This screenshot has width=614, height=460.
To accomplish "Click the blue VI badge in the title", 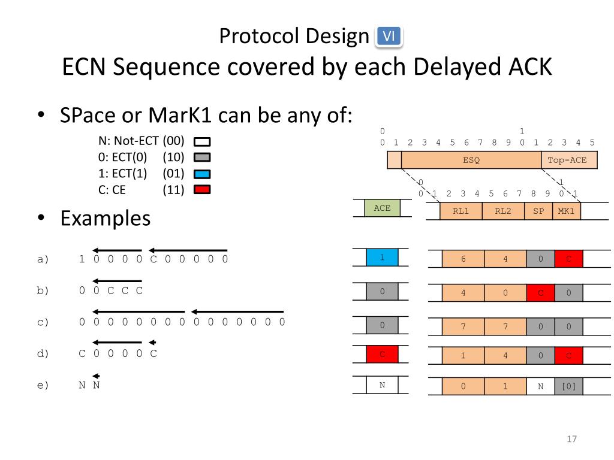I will pyautogui.click(x=389, y=37).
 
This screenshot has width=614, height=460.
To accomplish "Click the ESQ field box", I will pyautogui.click(x=471, y=160).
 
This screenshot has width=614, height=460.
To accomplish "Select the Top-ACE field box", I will pyautogui.click(x=568, y=160).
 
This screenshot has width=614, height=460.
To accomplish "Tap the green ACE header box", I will pyautogui.click(x=382, y=208).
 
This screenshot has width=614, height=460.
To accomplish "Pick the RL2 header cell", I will pyautogui.click(x=504, y=211).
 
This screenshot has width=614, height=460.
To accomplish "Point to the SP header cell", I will pyautogui.click(x=538, y=211).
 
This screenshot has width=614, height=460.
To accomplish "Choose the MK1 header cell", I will pyautogui.click(x=567, y=211).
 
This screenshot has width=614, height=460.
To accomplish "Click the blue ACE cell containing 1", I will pyautogui.click(x=382, y=258).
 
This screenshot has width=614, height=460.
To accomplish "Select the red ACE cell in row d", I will pyautogui.click(x=382, y=354).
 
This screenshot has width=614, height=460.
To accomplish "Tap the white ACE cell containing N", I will pyautogui.click(x=382, y=385).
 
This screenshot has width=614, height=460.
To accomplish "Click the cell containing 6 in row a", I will pyautogui.click(x=463, y=259).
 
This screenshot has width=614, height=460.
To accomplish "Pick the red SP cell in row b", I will pyautogui.click(x=540, y=293).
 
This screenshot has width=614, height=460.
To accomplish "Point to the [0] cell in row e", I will pyautogui.click(x=568, y=386).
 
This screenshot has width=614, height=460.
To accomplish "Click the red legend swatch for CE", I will pyautogui.click(x=202, y=190).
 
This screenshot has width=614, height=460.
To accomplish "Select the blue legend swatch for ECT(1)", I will pyautogui.click(x=202, y=174).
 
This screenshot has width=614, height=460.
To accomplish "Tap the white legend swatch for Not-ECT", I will pyautogui.click(x=202, y=142).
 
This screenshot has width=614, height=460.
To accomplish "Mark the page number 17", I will pyautogui.click(x=571, y=440).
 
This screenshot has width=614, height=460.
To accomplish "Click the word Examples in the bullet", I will pyautogui.click(x=105, y=218).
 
